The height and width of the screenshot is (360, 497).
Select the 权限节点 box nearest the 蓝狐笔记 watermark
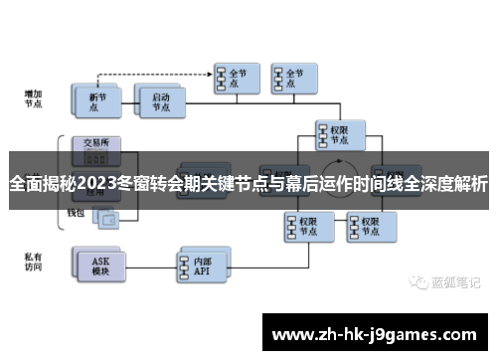[x=363, y=224]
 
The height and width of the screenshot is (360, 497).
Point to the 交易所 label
[x=97, y=141]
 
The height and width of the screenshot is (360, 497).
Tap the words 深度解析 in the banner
[x=444, y=184]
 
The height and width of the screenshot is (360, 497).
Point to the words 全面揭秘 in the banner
[x=41, y=184]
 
